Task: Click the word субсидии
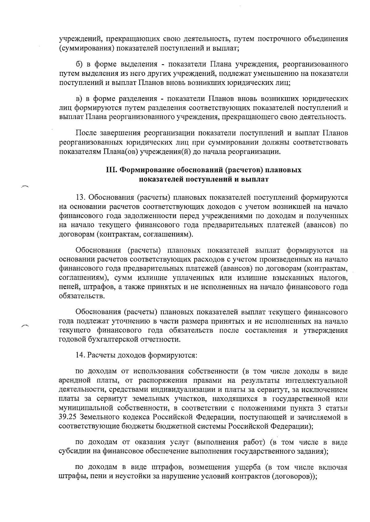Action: [72, 451]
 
